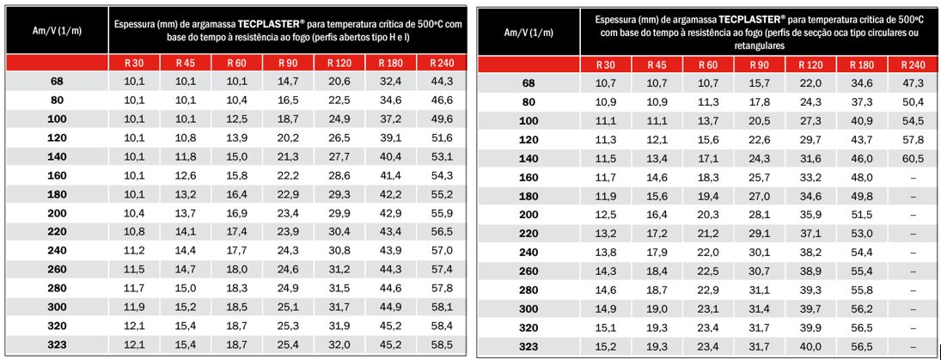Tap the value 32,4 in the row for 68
392,82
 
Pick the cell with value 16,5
288,101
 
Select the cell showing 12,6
186,175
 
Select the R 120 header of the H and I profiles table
339,63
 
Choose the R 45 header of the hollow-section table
657,65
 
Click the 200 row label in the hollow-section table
529,215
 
